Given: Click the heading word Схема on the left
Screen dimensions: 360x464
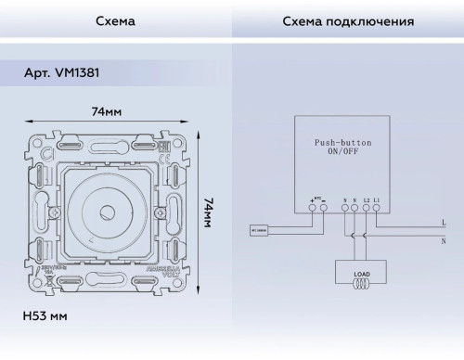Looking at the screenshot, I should [x=116, y=20].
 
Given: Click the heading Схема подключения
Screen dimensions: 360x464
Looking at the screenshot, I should [x=347, y=20].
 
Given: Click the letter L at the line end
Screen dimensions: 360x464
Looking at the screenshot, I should [x=444, y=223].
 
